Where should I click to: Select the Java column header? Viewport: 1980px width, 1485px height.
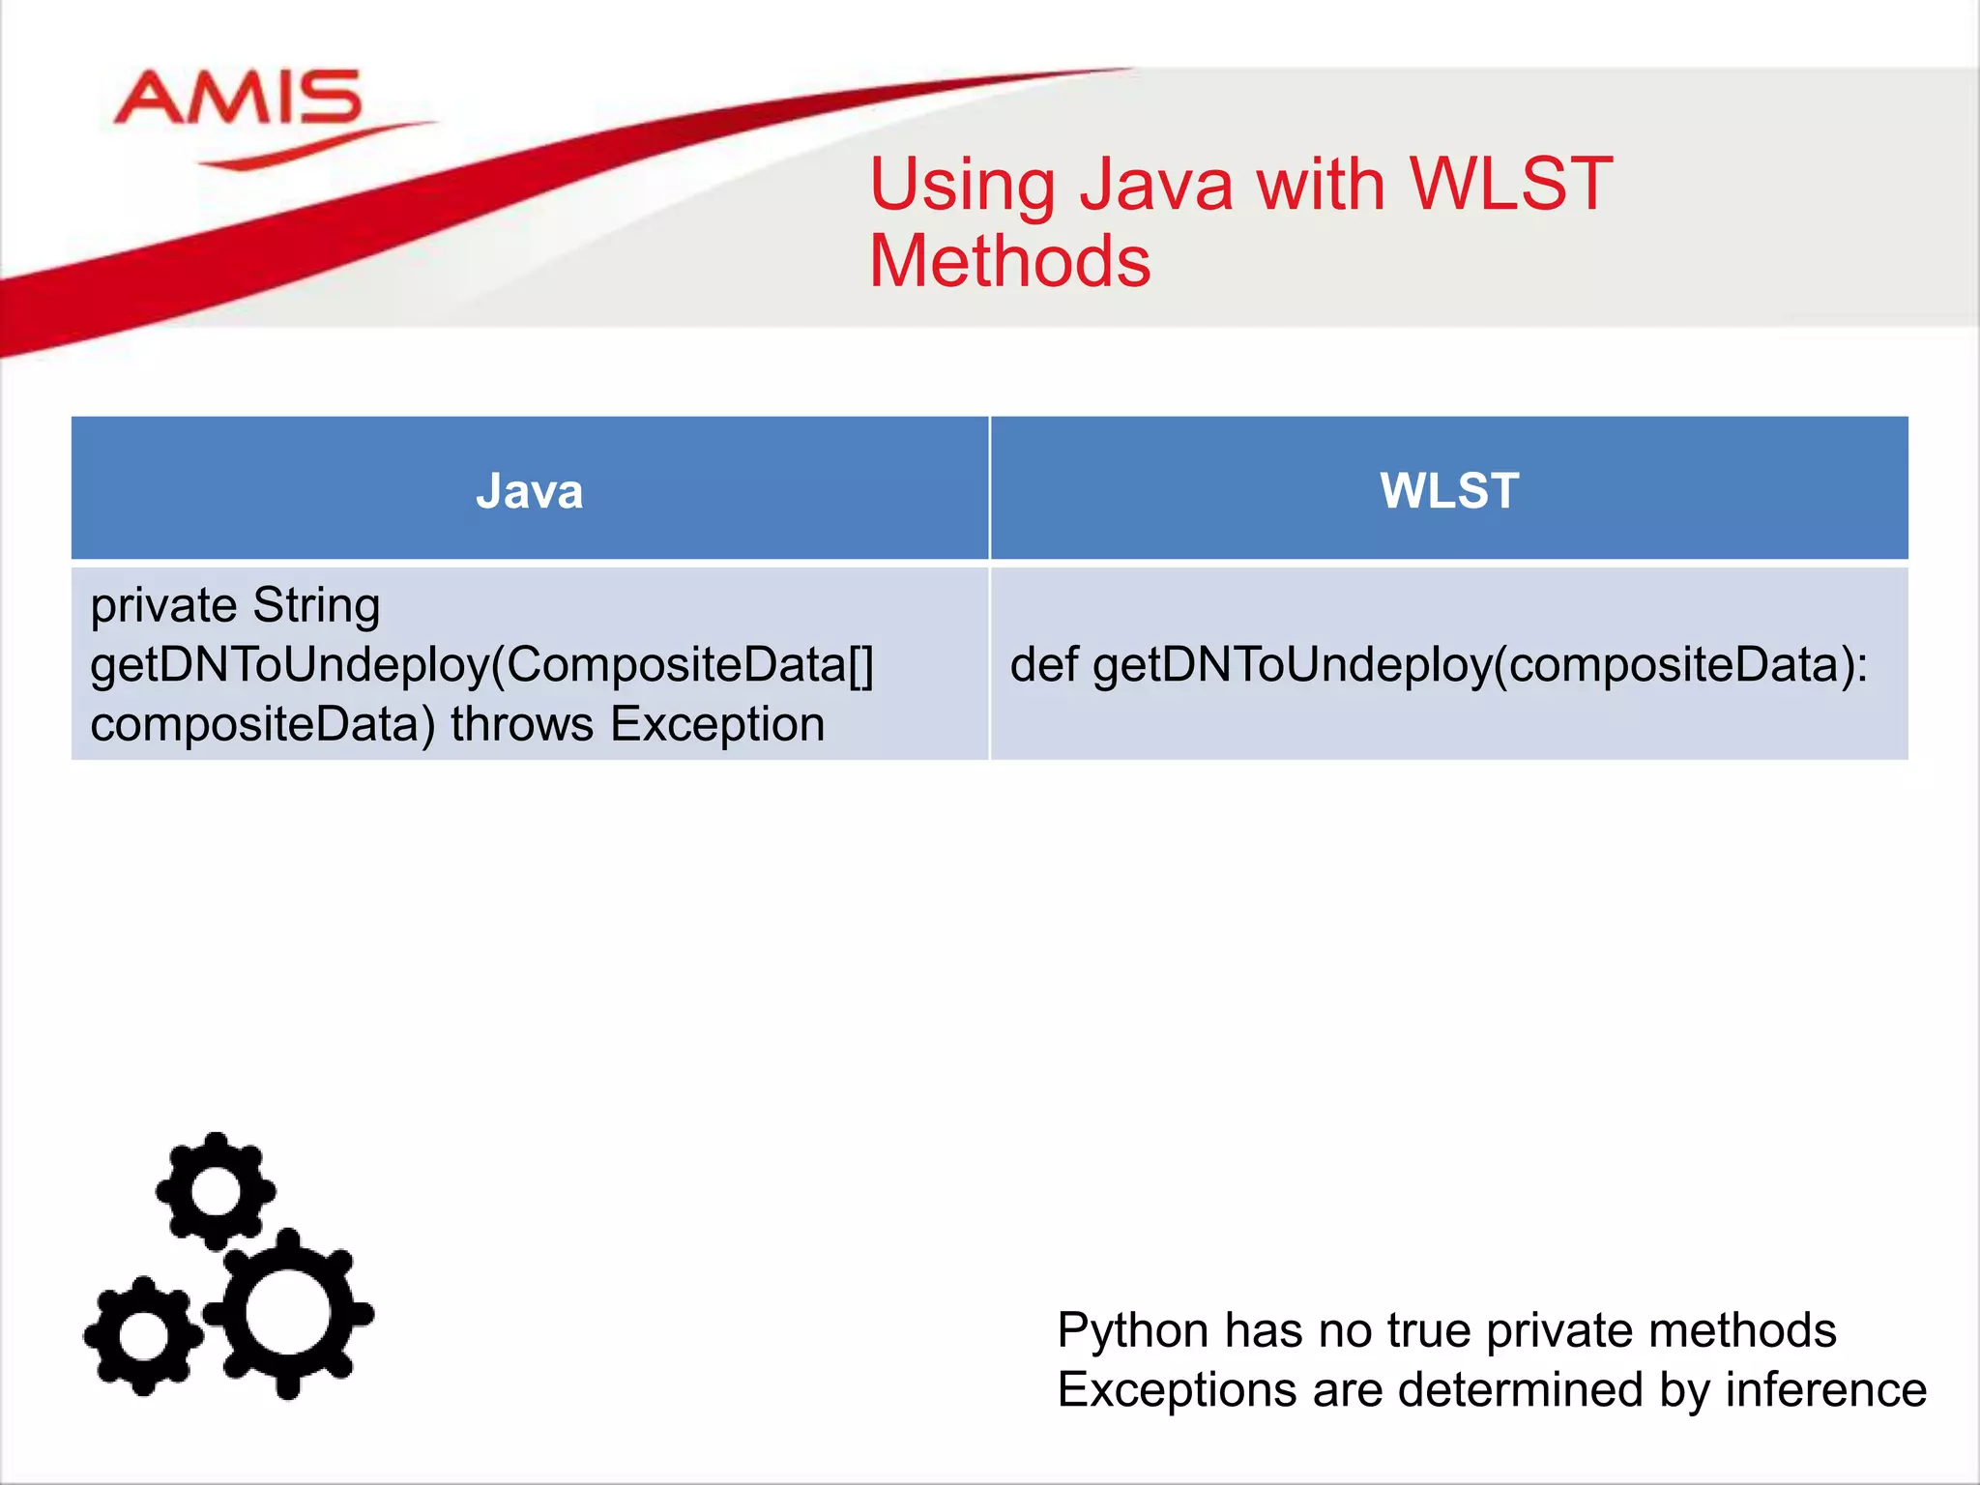click(530, 490)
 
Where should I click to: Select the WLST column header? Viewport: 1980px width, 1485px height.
click(1449, 490)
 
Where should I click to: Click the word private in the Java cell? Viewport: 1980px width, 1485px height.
click(163, 606)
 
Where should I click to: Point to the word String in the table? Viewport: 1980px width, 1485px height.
click(316, 606)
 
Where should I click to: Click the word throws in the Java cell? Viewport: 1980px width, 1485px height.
click(522, 724)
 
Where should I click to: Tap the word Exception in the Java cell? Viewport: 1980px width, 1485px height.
click(717, 724)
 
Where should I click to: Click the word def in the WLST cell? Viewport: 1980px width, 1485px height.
click(1043, 665)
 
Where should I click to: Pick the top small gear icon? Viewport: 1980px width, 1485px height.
click(216, 1191)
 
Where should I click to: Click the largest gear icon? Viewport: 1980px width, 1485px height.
click(288, 1313)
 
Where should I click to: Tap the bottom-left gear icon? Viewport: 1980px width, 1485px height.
click(143, 1336)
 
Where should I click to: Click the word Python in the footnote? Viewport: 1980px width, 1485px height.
click(1132, 1332)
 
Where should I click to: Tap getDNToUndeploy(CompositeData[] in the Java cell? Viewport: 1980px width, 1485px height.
click(481, 665)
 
